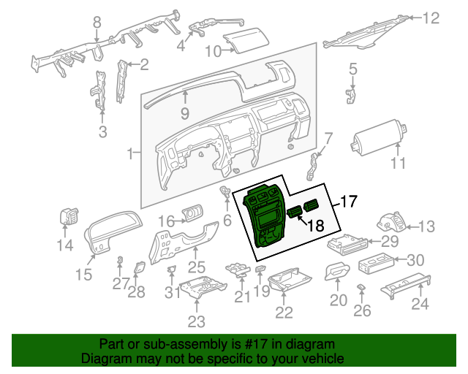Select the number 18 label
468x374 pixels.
(314, 226)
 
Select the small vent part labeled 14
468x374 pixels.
(69, 218)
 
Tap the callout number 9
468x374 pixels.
(185, 114)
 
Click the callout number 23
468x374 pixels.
(196, 321)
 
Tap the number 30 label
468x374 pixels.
(415, 260)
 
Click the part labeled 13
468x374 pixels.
(393, 221)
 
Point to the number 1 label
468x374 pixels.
(130, 154)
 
